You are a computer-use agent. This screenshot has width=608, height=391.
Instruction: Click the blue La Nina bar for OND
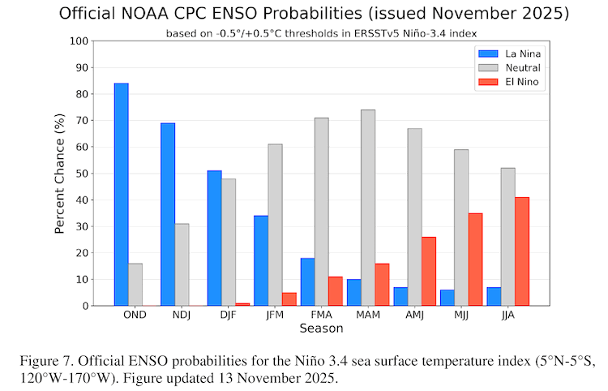(x=121, y=195)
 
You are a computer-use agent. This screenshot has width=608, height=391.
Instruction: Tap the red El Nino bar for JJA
(x=521, y=251)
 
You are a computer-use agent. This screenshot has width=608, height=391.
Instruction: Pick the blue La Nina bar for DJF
(x=214, y=238)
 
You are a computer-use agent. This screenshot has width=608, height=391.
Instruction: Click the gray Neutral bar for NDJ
(x=182, y=264)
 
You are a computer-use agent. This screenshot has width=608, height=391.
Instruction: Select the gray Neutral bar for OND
(x=135, y=285)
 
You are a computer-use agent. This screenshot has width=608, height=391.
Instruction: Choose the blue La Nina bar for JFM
(x=261, y=260)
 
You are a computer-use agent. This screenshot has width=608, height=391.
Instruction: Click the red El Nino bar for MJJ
(x=475, y=260)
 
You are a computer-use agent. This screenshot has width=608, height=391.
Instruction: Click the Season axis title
(x=321, y=329)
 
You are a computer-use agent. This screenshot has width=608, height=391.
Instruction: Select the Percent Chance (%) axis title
(x=59, y=174)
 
